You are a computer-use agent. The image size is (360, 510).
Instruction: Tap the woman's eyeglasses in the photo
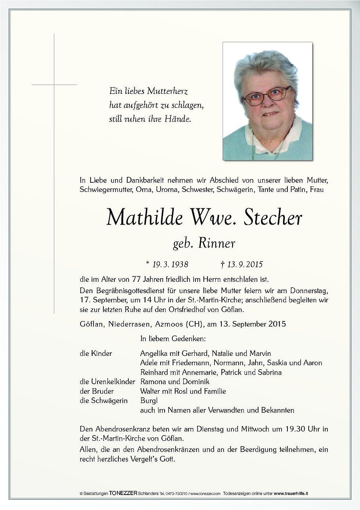point(267,96)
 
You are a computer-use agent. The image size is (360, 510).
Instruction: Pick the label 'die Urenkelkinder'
point(107,382)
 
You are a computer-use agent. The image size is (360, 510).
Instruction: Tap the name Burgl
point(149,401)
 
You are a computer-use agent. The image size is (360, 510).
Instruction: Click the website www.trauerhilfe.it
point(291,494)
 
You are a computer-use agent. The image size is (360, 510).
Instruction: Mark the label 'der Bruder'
point(97,391)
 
